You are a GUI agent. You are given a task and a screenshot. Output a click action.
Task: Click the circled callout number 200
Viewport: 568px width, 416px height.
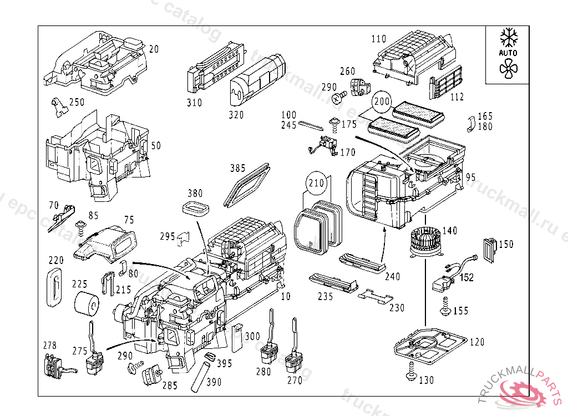click(382, 102)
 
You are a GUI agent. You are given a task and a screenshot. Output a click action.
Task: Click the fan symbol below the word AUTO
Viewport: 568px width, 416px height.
click(508, 68)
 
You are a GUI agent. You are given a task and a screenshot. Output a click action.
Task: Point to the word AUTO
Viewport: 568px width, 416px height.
click(508, 53)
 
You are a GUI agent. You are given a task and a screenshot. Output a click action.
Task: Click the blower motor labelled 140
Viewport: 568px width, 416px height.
click(425, 245)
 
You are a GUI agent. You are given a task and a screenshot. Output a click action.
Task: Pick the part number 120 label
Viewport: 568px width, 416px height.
click(476, 342)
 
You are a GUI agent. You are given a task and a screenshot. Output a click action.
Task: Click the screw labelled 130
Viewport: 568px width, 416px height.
click(411, 371)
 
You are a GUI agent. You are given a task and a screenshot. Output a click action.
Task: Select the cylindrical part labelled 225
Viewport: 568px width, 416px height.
click(87, 303)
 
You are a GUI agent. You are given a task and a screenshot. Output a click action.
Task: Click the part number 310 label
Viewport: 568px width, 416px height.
click(194, 103)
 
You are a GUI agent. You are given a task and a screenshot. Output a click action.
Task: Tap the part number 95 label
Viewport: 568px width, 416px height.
click(470, 177)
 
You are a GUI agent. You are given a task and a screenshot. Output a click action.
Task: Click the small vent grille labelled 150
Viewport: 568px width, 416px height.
click(490, 249)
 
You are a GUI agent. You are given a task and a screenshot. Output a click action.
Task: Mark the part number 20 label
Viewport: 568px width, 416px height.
click(154, 49)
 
